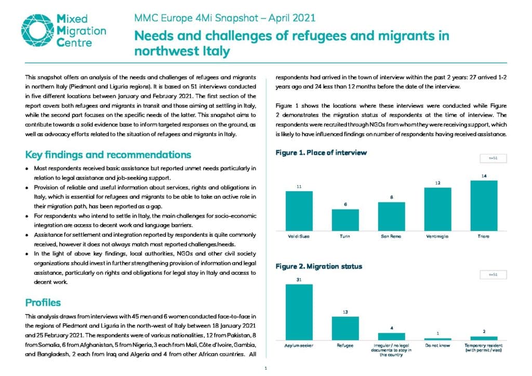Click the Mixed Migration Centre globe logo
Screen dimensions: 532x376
tap(37, 30)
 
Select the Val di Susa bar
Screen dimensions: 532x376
tap(299, 211)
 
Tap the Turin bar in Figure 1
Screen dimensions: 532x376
tap(345, 220)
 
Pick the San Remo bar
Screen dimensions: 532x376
tap(392, 217)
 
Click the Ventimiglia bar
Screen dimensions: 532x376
tap(437, 209)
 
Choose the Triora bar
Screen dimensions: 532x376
tap(484, 206)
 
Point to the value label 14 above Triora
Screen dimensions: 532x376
tap(484, 176)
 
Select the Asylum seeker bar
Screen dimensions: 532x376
tap(299, 312)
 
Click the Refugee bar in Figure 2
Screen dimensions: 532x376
tap(345, 328)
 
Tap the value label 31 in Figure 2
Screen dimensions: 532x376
tap(299, 280)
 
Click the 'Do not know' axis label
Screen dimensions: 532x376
tap(437, 345)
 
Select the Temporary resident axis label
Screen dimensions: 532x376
tap(484, 347)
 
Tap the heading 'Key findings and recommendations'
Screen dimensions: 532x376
tap(108, 155)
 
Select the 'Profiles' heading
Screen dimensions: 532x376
tap(43, 302)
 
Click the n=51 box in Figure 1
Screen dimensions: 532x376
tap(493, 158)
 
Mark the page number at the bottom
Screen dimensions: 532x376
tap(265, 368)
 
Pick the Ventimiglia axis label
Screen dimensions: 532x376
tap(437, 236)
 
